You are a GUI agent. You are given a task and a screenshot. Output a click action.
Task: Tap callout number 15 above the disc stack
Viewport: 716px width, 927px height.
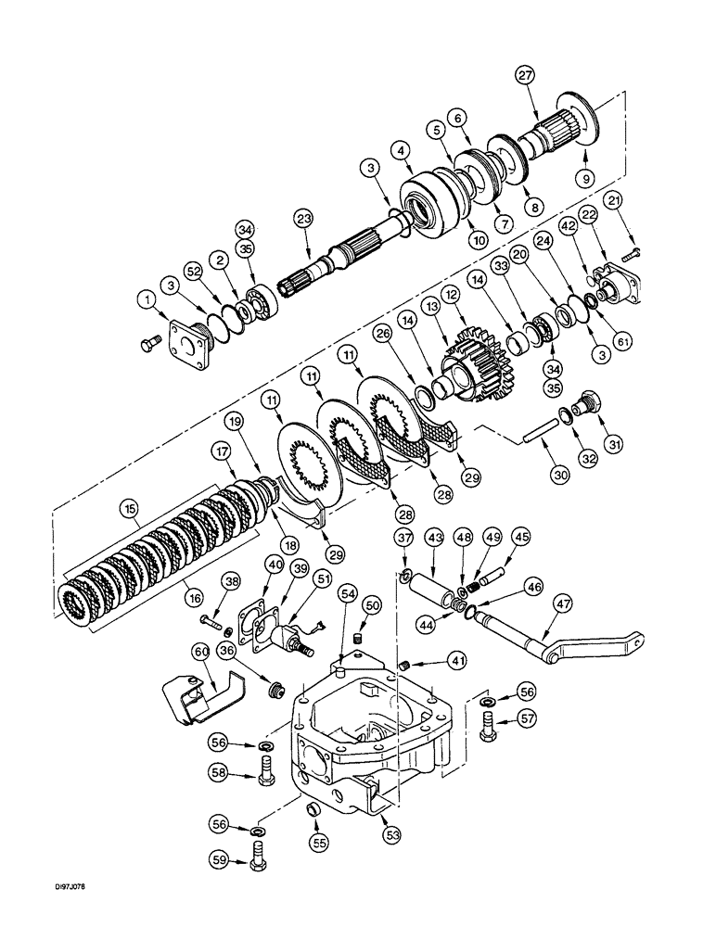129,508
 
